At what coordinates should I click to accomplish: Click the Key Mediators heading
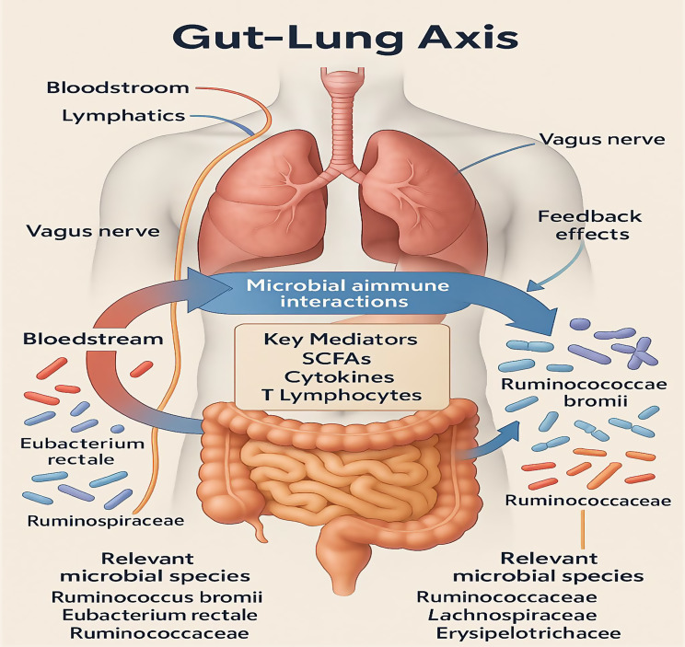(340, 338)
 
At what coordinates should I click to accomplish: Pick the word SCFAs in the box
(340, 357)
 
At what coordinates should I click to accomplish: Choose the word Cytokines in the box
(340, 376)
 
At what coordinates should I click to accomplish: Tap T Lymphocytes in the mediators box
(340, 396)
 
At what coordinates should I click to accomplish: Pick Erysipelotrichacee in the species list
(518, 634)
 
